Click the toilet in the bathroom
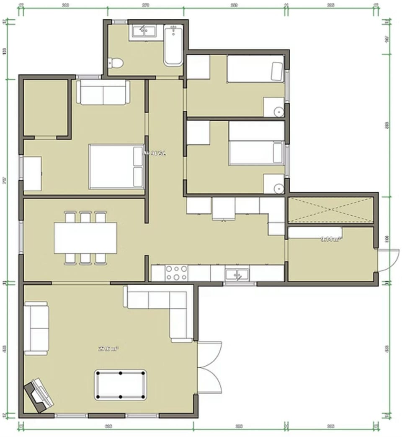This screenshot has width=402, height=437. coord(116,63)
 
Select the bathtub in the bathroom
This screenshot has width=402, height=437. coord(173,46)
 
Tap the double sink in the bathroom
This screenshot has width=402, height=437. coord(144,31)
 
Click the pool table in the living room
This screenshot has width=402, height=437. coord(121,385)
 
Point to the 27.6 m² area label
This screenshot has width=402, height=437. coord(108,348)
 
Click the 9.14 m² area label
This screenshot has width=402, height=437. coord(331,239)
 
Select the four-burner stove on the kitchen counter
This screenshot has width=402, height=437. coord(176,273)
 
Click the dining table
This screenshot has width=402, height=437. coord(85,238)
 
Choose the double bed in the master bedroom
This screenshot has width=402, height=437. coord(116,166)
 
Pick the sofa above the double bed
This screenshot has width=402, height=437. coord(103,92)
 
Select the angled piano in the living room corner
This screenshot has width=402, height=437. coord(39,394)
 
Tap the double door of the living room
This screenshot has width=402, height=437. coord(209,367)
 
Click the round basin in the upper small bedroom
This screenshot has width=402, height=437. coord(279,112)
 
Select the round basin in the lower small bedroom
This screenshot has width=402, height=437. coord(279,189)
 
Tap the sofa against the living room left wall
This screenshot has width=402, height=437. coord(36,328)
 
